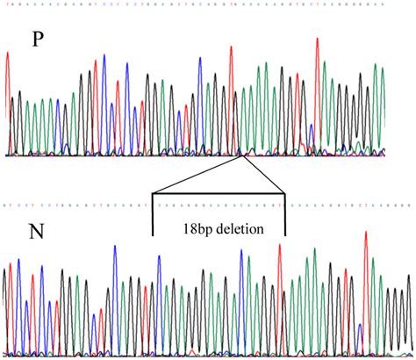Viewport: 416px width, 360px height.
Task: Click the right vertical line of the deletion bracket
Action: (286, 215)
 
